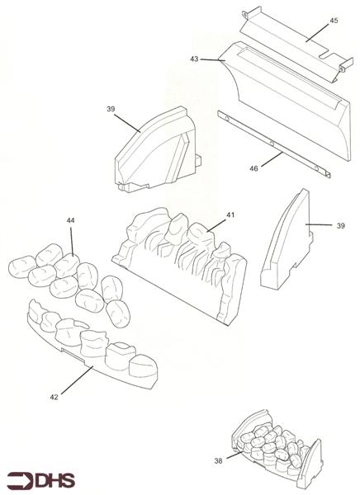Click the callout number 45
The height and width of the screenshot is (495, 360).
(334, 21)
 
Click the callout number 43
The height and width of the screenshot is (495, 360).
(194, 59)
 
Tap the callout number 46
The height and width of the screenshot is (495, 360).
(253, 168)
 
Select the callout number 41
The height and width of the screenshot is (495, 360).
(230, 215)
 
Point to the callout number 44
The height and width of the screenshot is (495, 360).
(70, 220)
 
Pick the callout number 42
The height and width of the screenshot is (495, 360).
(54, 397)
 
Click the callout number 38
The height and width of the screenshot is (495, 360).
(219, 461)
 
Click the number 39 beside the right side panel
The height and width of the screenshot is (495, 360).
(341, 226)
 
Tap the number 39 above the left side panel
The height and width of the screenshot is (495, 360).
(111, 109)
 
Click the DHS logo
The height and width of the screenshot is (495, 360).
(41, 480)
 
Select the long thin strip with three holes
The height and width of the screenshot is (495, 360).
(274, 144)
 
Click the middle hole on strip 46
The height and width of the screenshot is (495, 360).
(272, 144)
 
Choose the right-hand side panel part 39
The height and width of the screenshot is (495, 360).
(286, 240)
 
